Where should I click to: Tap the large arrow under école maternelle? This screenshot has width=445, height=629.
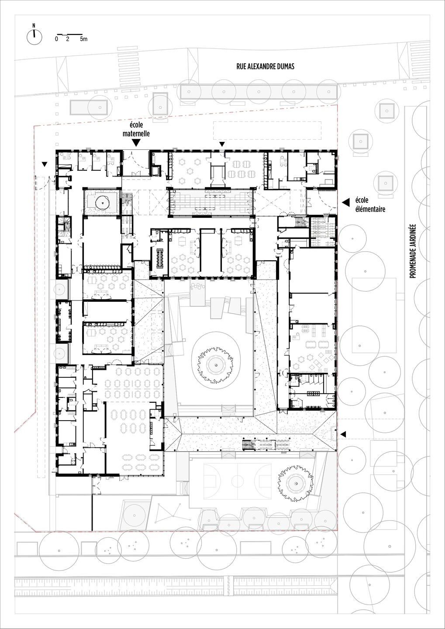tap(136, 142)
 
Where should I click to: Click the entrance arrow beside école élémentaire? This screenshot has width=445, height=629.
tap(346, 202)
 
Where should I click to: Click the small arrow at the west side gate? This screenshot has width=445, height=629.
tap(45, 164)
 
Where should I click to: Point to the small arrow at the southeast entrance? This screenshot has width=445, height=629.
tap(343, 434)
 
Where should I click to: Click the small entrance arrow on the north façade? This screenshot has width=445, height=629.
tap(222, 145)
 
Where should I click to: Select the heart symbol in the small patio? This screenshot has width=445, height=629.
tap(102, 203)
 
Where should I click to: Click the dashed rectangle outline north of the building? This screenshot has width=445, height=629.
tap(267, 130)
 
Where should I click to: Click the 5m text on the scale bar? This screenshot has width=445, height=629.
tap(83, 39)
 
